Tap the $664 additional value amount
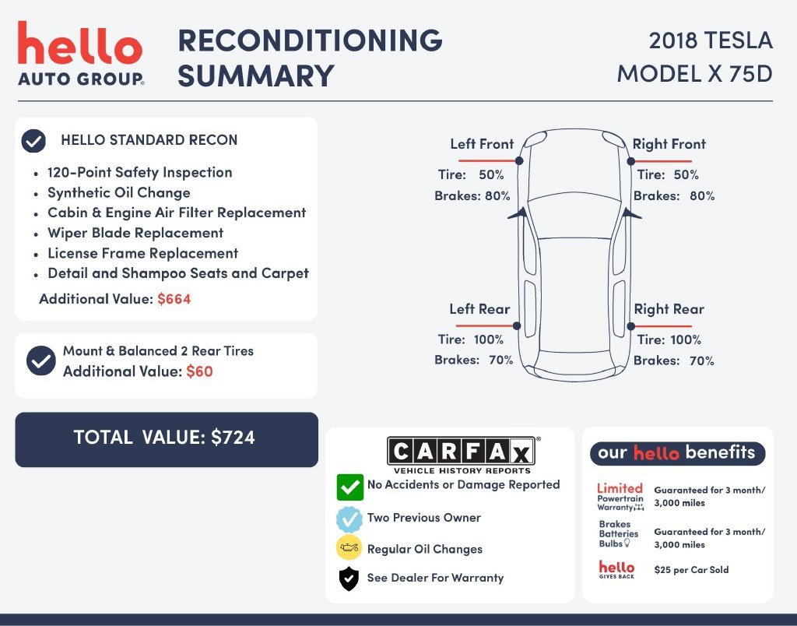[174, 299]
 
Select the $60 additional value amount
[199, 371]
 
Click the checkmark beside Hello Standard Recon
[33, 141]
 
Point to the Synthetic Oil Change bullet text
[119, 193]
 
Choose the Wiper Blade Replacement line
[135, 233]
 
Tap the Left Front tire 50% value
[491, 175]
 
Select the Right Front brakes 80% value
[702, 195]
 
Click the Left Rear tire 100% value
[489, 339]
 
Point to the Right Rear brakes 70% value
[702, 360]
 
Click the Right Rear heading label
[669, 309]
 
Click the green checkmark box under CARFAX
[349, 487]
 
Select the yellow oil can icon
[349, 547]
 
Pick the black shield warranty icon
[349, 579]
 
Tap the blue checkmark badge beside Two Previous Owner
[349, 519]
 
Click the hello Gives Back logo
[616, 570]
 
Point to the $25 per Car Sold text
[691, 570]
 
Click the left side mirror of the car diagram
[518, 213]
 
